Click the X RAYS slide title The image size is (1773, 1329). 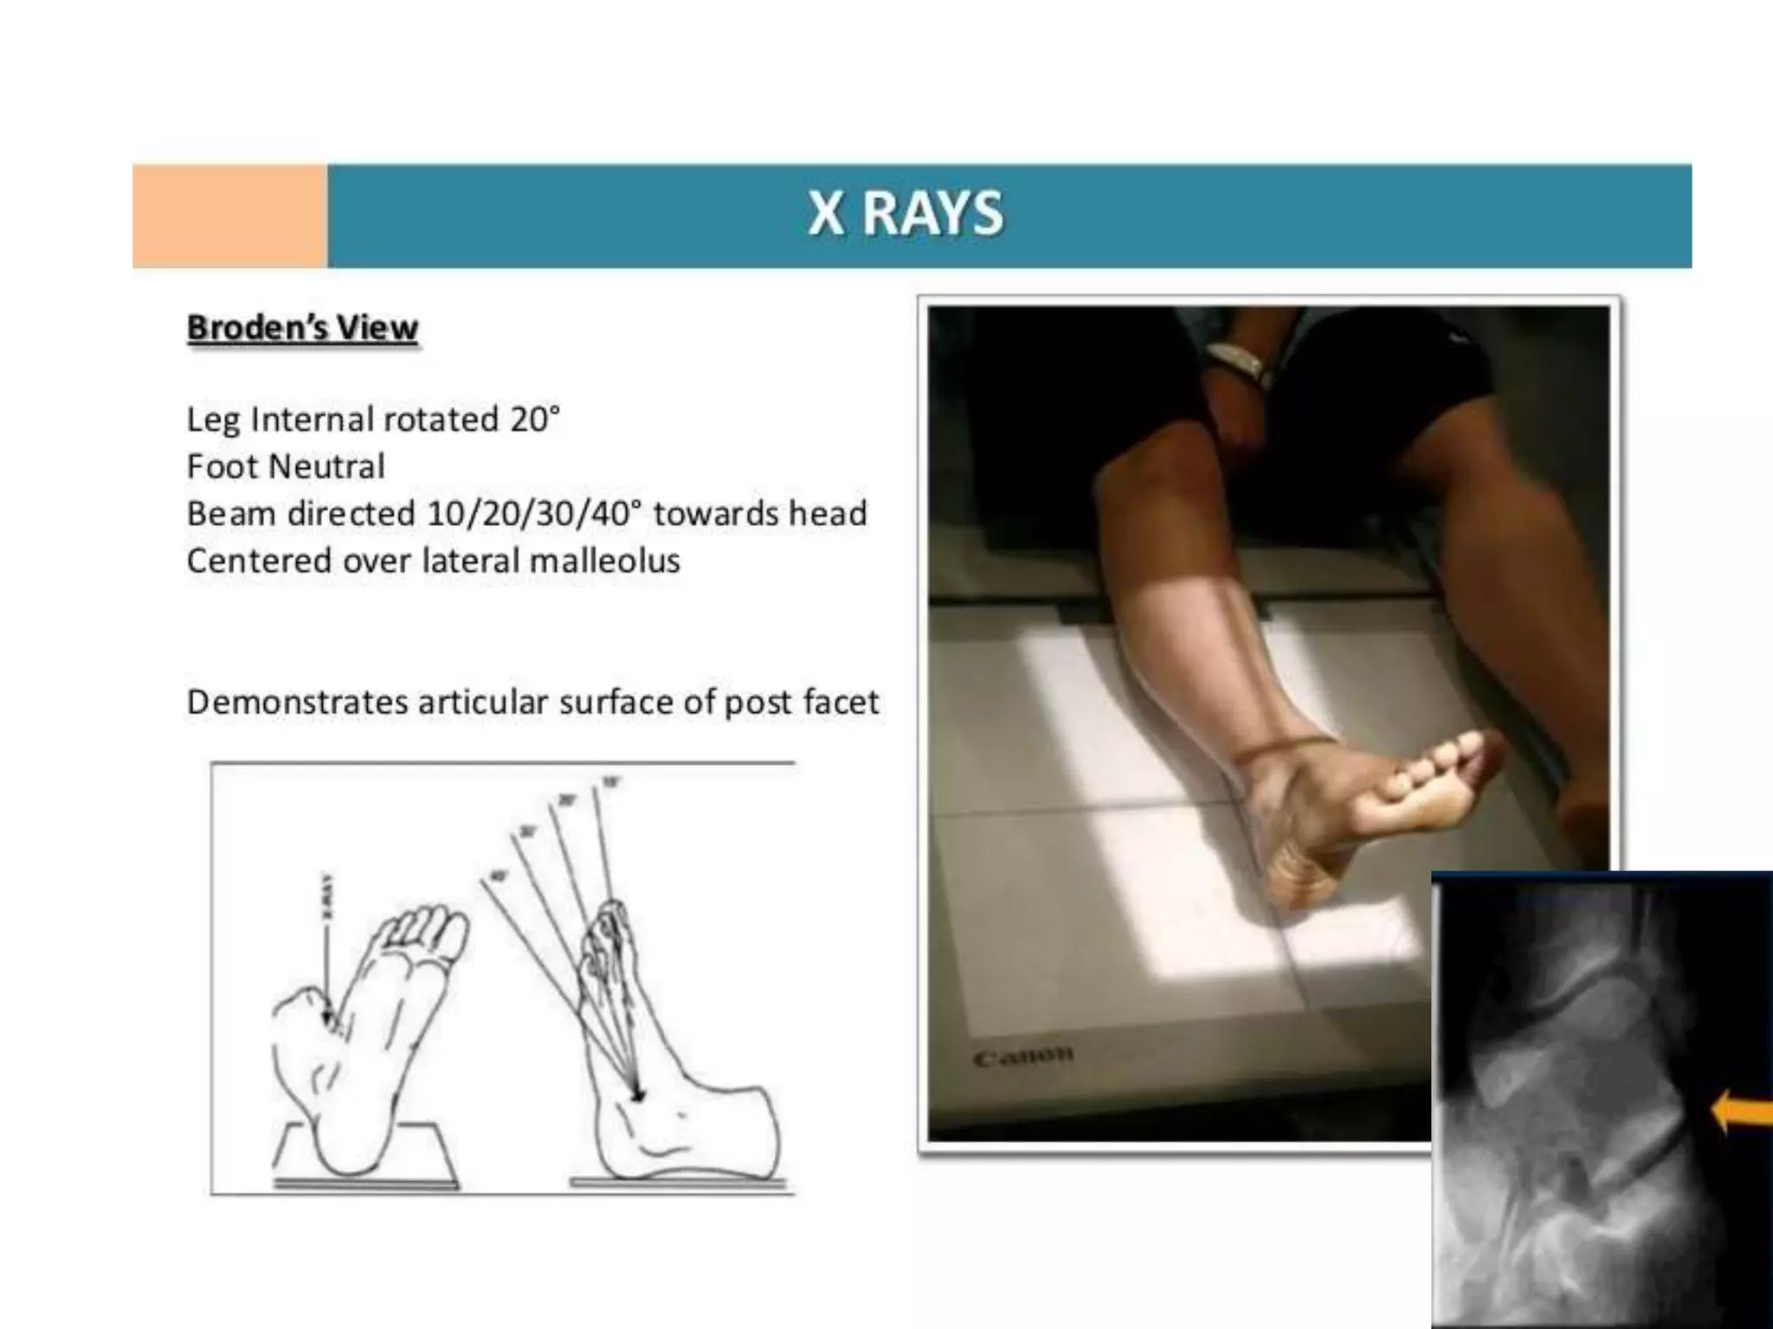tap(906, 214)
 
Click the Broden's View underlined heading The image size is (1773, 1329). tap(302, 329)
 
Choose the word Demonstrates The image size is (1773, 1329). tap(297, 703)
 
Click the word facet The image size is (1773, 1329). tap(840, 703)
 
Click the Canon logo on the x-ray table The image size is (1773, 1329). tap(1023, 1056)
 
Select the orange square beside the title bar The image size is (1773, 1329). tap(230, 215)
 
